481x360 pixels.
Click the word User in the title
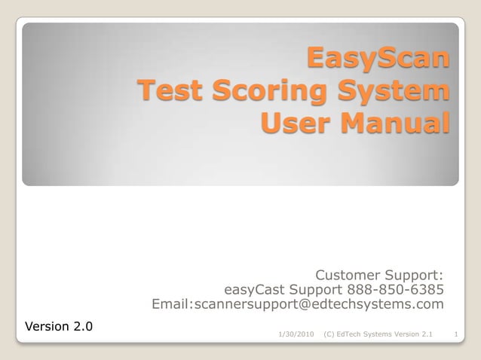click(x=296, y=123)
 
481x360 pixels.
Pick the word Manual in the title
click(x=394, y=123)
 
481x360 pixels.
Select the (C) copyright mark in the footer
click(x=329, y=333)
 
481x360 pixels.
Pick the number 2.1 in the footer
click(x=426, y=333)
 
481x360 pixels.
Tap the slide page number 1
click(x=458, y=333)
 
